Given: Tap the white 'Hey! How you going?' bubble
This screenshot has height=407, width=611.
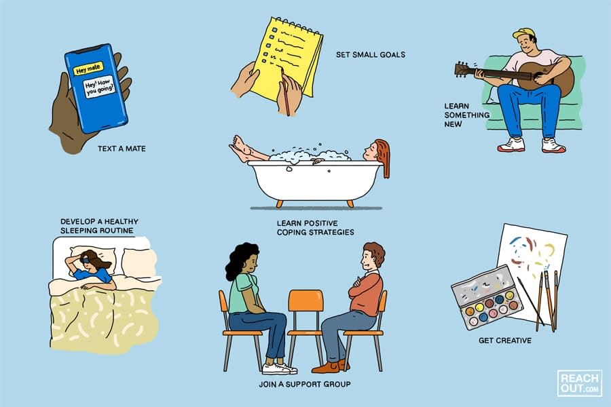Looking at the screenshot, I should click(99, 88).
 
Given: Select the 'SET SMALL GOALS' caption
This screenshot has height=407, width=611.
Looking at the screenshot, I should click(370, 54).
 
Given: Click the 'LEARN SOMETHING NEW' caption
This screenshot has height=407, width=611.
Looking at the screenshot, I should click(466, 115).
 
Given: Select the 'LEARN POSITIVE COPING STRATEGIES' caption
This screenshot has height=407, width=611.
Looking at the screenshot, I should click(315, 227).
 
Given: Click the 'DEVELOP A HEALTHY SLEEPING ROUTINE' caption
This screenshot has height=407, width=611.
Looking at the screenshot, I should click(96, 226).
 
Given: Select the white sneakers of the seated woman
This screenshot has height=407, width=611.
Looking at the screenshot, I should click(280, 368).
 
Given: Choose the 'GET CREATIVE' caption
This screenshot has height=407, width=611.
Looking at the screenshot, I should click(504, 340).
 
